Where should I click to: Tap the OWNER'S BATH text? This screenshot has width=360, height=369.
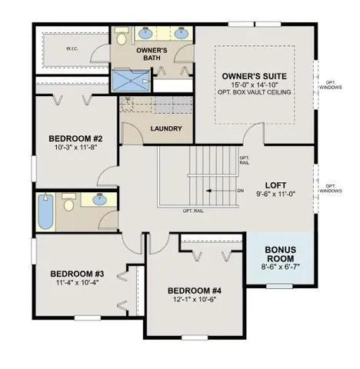(152, 56)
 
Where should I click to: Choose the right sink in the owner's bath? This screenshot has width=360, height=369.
(181, 34)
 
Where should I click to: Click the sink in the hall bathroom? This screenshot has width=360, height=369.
(100, 200)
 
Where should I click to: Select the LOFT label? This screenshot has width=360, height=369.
(275, 184)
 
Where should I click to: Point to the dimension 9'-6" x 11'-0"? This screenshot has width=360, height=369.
(275, 195)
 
